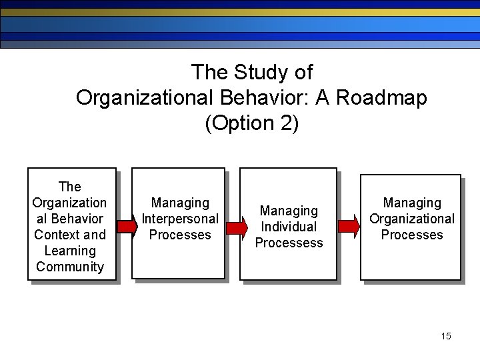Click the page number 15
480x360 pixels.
tap(446, 335)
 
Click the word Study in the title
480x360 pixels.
tap(252, 72)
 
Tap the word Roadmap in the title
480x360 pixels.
tap(381, 98)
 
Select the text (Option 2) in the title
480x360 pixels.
tap(252, 123)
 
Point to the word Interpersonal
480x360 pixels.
tap(180, 219)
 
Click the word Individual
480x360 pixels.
tap(289, 227)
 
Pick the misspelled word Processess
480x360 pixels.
tap(289, 243)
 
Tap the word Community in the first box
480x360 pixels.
tap(70, 267)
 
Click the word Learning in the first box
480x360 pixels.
tap(70, 251)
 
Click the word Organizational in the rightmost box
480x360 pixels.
tap(412, 219)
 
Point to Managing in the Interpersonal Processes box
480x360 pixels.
tap(180, 203)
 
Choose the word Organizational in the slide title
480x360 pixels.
tap(144, 98)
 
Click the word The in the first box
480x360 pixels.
tap(70, 187)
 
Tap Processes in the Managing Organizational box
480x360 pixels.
tap(412, 235)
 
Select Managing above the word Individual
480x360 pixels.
tap(289, 211)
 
